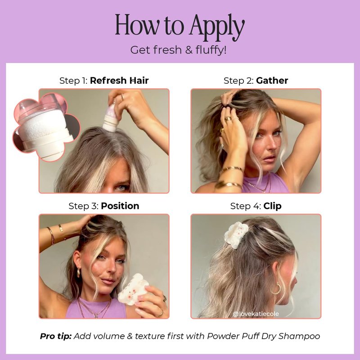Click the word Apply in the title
217,27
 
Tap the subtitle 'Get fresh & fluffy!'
178,50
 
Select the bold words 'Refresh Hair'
119,81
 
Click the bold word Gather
272,81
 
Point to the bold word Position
120,206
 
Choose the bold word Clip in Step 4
272,206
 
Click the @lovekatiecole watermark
256,314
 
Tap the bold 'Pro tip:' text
56,336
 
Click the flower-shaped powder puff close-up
46,127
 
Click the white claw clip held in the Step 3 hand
132,289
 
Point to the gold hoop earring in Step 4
276,288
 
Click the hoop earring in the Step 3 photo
78,272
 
